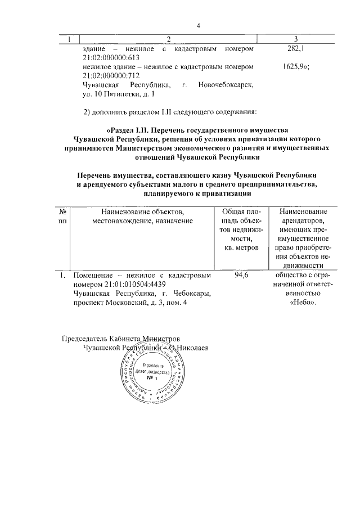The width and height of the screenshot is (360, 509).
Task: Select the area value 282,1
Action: [x=296, y=49]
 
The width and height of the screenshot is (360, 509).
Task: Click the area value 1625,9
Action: [x=296, y=67]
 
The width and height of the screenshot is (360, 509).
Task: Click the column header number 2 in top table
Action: [x=168, y=39]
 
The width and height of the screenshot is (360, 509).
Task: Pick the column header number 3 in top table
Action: [x=296, y=39]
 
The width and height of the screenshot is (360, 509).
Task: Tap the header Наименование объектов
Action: [x=142, y=211]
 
